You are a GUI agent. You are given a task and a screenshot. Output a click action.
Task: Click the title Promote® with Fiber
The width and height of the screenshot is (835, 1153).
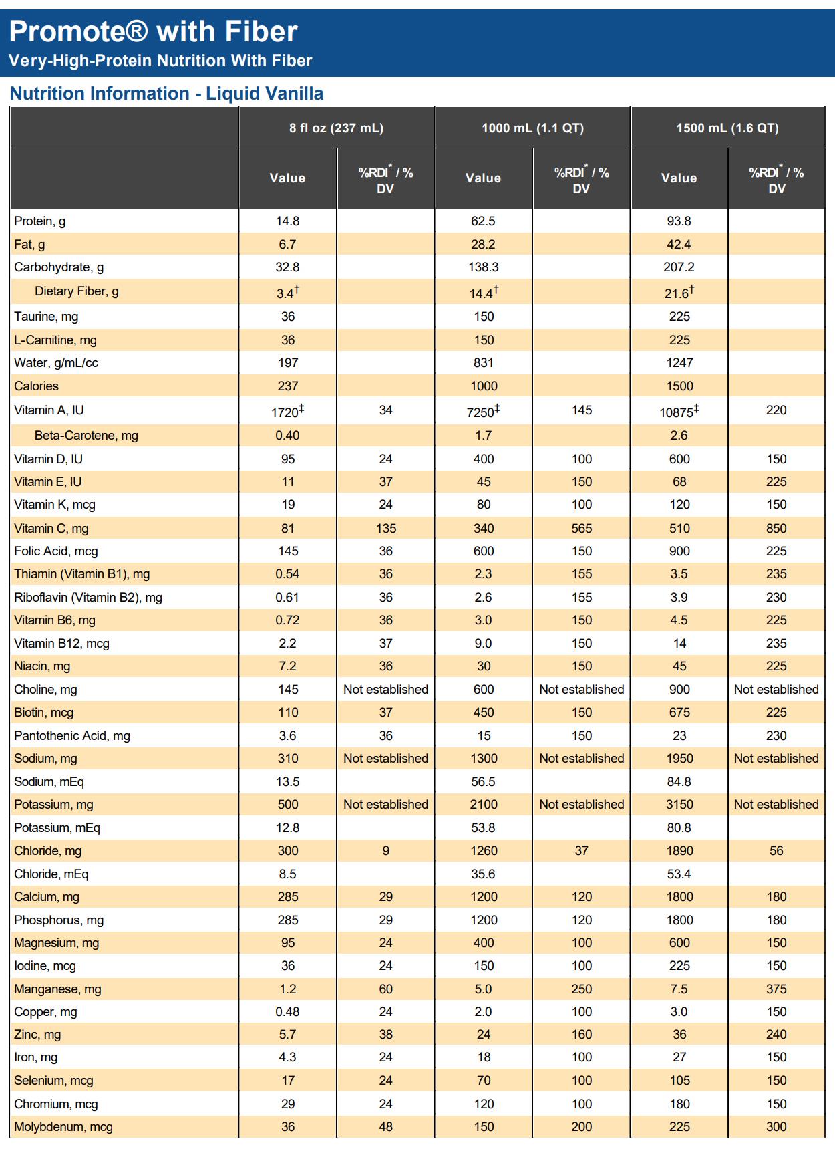click(153, 31)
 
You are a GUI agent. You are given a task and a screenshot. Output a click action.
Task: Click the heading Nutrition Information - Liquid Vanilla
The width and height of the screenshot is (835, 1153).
click(166, 94)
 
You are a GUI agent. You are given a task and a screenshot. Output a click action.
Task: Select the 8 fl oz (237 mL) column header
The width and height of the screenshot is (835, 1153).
click(336, 128)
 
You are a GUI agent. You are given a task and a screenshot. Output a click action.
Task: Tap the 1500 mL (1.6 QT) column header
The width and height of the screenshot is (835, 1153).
click(727, 128)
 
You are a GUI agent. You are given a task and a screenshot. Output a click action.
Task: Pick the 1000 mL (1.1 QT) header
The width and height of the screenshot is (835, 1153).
click(532, 128)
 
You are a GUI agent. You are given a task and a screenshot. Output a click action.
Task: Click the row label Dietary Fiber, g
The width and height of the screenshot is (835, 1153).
click(76, 291)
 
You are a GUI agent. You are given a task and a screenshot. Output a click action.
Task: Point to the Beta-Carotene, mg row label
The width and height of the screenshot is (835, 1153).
click(86, 436)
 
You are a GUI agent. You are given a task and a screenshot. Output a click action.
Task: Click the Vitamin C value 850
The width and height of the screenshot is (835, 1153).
click(776, 528)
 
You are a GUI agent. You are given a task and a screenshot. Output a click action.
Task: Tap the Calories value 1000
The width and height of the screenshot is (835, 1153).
click(484, 386)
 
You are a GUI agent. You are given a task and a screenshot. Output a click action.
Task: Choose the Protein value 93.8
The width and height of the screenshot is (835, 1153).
click(679, 221)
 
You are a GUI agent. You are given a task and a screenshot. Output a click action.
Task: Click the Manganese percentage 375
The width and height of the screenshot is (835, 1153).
click(776, 989)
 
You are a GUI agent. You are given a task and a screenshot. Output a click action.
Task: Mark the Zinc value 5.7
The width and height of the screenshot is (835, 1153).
click(287, 1035)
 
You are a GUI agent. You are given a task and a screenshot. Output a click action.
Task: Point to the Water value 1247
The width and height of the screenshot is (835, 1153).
click(679, 363)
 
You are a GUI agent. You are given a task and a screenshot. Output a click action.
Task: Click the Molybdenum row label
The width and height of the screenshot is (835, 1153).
click(63, 1127)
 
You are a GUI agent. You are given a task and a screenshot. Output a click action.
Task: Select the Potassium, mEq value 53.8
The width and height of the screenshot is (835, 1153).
click(483, 827)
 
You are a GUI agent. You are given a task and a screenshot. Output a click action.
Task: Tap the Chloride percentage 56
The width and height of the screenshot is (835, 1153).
click(776, 851)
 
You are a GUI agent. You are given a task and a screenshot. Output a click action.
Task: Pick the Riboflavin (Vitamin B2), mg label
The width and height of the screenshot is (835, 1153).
click(88, 598)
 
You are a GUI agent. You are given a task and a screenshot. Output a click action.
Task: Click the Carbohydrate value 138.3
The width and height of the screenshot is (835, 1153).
click(483, 267)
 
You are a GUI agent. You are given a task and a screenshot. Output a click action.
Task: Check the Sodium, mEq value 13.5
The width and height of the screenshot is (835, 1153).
click(287, 781)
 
